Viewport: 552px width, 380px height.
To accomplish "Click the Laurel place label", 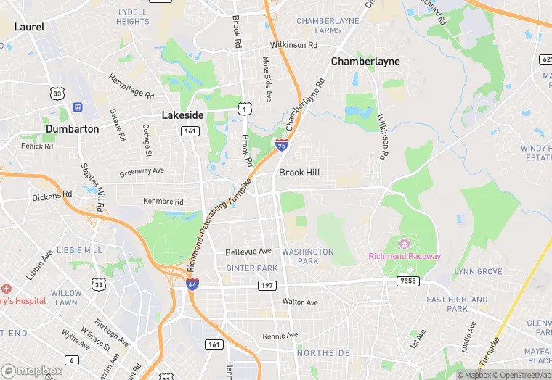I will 29,27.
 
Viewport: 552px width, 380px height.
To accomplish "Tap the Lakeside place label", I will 182,115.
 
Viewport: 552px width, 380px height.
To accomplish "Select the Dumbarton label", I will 72,128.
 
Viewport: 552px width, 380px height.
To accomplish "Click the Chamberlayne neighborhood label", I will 365,62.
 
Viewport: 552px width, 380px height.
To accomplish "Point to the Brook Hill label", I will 299,173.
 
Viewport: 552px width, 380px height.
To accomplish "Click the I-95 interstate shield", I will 282,145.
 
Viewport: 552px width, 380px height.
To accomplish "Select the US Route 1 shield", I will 245,108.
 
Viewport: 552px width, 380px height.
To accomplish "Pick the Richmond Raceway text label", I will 405,256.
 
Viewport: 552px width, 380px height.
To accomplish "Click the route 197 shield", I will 267,286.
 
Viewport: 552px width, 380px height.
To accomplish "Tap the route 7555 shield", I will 408,281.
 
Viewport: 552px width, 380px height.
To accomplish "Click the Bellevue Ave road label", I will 248,251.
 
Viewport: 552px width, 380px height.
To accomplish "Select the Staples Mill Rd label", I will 93,187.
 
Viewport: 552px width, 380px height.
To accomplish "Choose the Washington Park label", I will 308,256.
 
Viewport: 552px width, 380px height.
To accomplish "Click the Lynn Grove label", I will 478,271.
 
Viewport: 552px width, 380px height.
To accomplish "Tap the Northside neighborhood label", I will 323,352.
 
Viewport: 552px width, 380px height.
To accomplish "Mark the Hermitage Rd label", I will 131,86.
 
